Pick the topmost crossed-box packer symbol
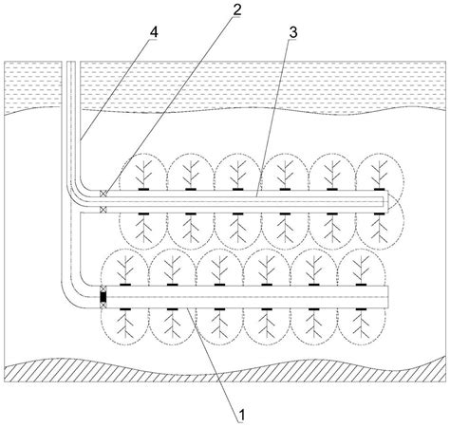click(x=103, y=195)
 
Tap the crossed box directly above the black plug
click(x=103, y=288)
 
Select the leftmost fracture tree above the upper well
click(x=145, y=172)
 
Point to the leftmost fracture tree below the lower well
click(x=126, y=328)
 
